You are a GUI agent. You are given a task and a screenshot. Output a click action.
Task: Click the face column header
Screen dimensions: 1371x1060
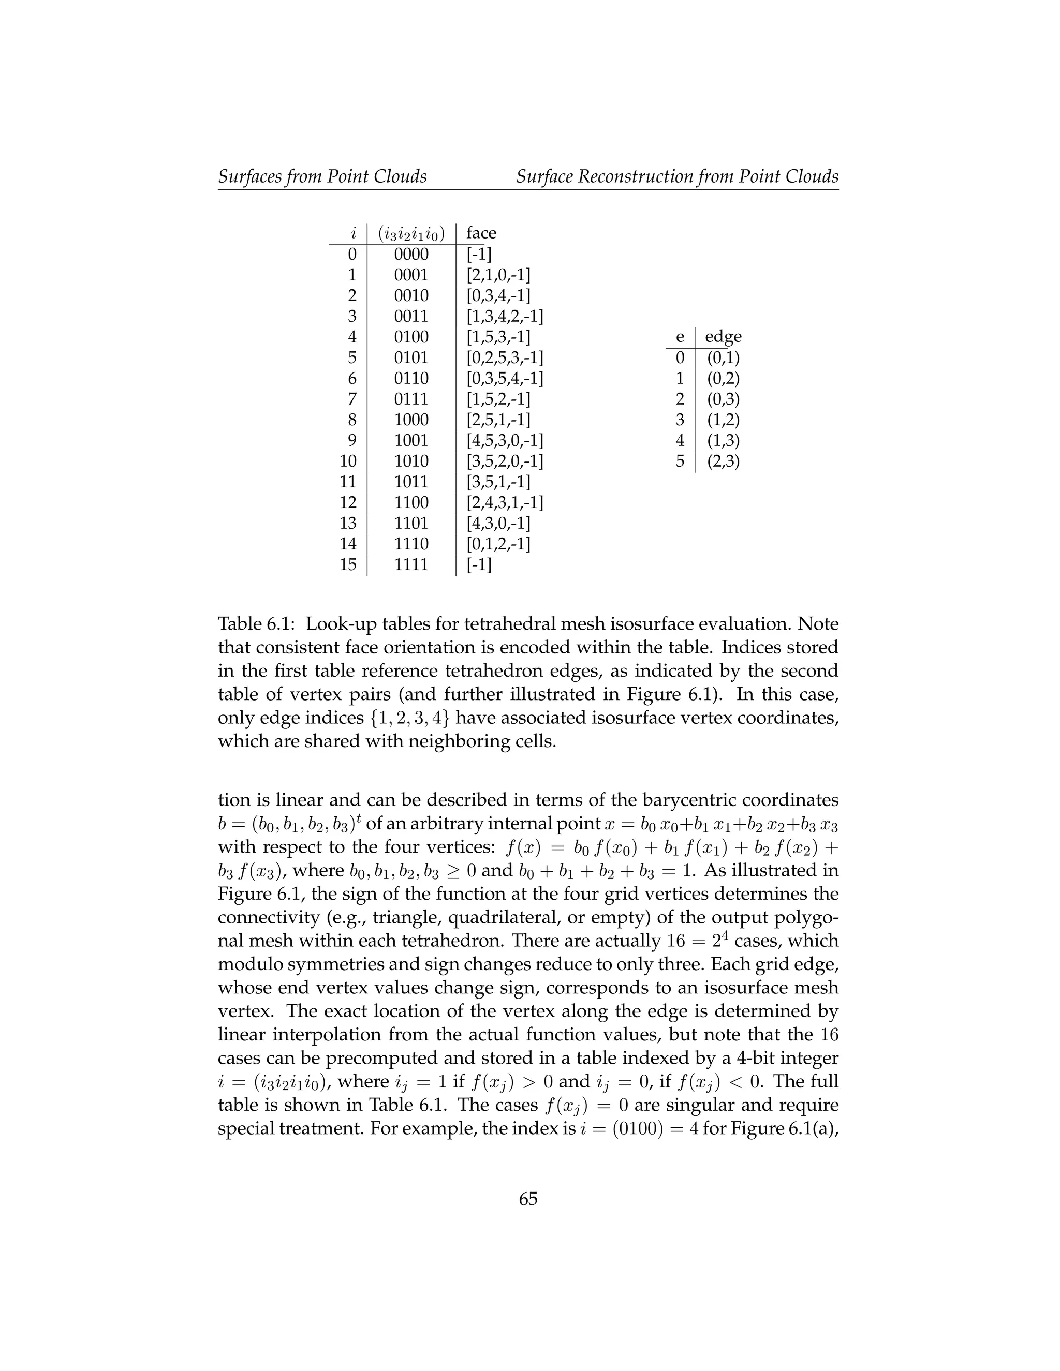[x=481, y=233]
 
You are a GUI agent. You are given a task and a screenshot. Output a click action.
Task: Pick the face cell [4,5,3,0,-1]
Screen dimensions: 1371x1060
[x=504, y=441]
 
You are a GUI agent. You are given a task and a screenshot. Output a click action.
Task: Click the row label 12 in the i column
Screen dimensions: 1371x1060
[x=348, y=503]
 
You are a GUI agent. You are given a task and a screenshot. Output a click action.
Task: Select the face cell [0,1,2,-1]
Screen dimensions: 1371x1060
[x=498, y=544]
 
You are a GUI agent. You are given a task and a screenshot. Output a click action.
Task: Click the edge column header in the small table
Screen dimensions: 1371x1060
[x=723, y=337]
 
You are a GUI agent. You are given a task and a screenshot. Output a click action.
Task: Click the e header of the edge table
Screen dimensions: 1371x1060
[x=680, y=337]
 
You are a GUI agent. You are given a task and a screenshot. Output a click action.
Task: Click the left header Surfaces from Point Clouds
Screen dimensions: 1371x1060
[x=322, y=177]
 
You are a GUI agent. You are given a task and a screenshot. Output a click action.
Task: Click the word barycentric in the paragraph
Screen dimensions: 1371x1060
[x=689, y=800]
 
